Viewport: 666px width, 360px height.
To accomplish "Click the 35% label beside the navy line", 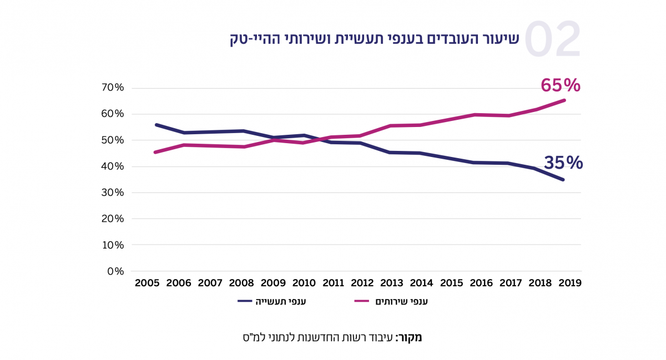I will (563, 163).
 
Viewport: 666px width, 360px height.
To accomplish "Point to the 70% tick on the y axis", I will (112, 88).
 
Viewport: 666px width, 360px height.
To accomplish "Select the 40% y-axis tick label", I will (112, 166).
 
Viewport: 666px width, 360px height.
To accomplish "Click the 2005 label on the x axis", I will (148, 283).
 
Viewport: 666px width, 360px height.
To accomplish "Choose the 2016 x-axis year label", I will (481, 283).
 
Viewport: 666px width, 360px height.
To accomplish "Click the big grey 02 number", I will (552, 40).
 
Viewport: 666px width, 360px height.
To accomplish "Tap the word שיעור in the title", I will (501, 39).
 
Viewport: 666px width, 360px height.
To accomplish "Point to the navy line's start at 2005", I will (156, 125).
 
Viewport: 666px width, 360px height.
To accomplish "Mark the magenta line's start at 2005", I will (156, 152).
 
